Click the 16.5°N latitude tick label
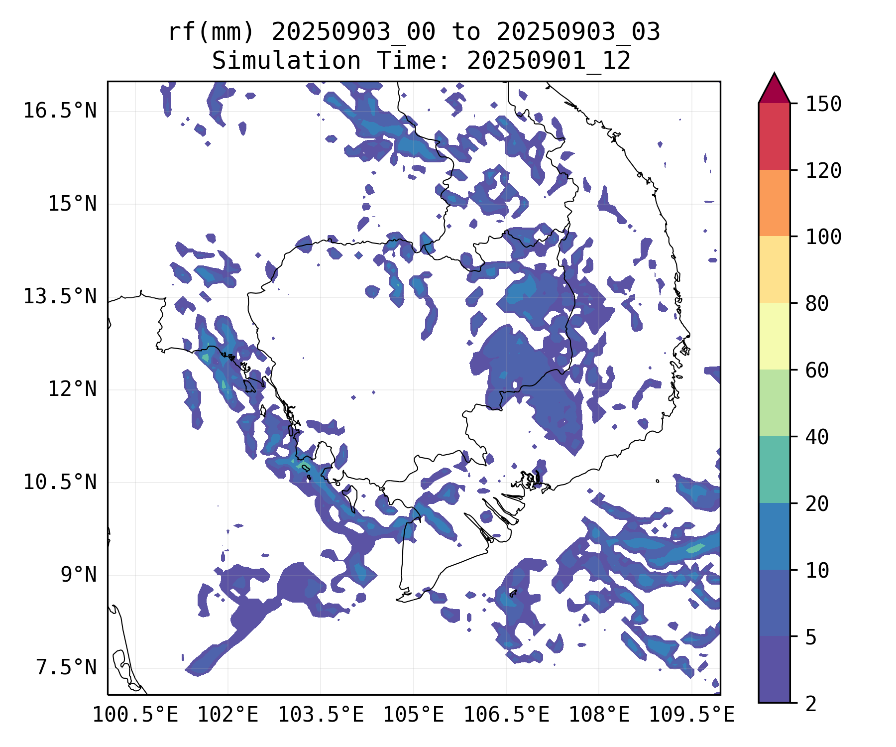[60, 111]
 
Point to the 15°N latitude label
[72, 204]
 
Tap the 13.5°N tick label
[60, 297]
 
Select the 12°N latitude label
[72, 389]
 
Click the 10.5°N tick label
[60, 482]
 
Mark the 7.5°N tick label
[66, 668]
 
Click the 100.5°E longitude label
[135, 715]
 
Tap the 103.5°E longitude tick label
[321, 715]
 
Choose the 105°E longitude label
[413, 715]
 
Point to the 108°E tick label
[599, 715]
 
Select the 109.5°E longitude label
[691, 715]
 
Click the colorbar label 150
[823, 105]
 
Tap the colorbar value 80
[817, 303]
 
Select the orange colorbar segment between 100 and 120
[774, 203]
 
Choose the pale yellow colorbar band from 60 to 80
[774, 336]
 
